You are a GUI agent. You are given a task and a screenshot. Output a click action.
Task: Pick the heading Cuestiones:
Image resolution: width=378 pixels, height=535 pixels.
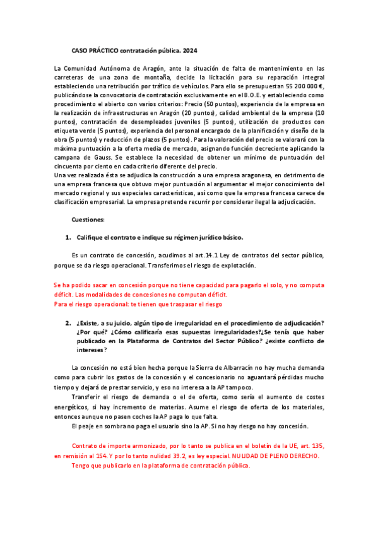[x=88, y=220]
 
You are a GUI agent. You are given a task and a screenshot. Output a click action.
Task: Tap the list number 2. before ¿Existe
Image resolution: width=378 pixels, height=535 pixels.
[x=68, y=324]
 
